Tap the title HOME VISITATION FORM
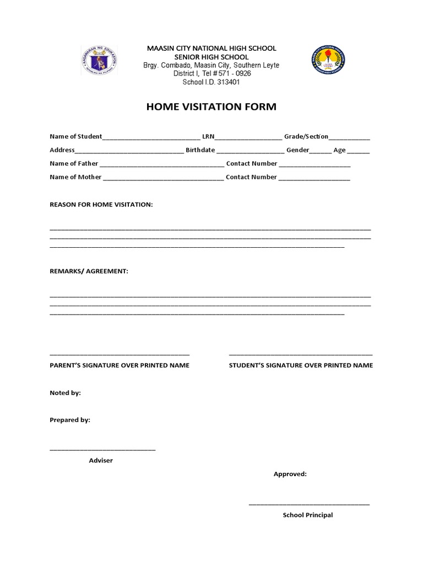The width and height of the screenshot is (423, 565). tap(211, 107)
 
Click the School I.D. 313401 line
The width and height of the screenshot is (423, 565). tap(211, 82)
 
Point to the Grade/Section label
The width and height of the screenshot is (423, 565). tap(306, 136)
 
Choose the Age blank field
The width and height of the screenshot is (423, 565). tap(359, 151)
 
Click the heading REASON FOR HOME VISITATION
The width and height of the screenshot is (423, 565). tap(101, 205)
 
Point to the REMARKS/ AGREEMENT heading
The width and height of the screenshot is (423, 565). tap(89, 271)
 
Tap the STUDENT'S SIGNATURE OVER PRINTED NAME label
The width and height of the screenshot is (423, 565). tap(301, 365)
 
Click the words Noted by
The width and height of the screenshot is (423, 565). tap(65, 393)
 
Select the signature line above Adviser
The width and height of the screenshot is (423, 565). tap(102, 450)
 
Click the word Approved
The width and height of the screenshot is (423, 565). tap(290, 474)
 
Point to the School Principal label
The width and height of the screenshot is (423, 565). tap(308, 515)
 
